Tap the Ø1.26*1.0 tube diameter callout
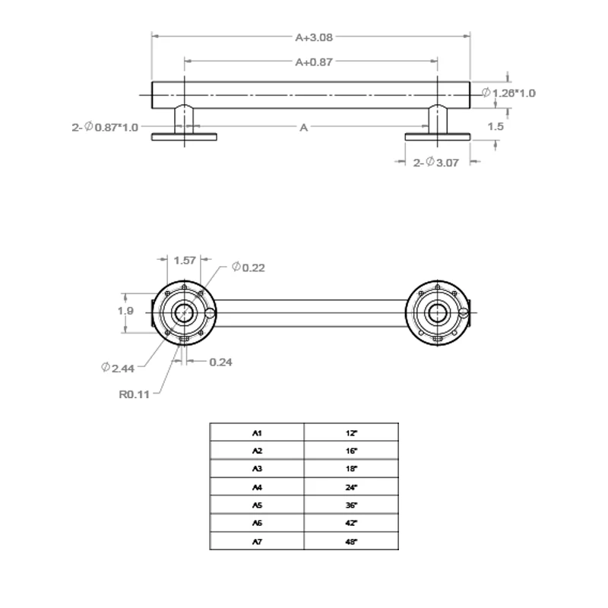coord(509,93)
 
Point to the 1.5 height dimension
coord(496,127)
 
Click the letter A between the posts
coord(303,128)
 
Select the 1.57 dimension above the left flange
coord(185,260)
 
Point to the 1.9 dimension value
coord(126,311)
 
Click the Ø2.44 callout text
coord(119,368)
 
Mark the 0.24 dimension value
coord(220,362)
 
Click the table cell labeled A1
coord(257,432)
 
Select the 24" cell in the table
coord(350,487)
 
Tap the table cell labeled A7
coord(257,542)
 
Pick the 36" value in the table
coord(350,505)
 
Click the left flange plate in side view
coord(185,137)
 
